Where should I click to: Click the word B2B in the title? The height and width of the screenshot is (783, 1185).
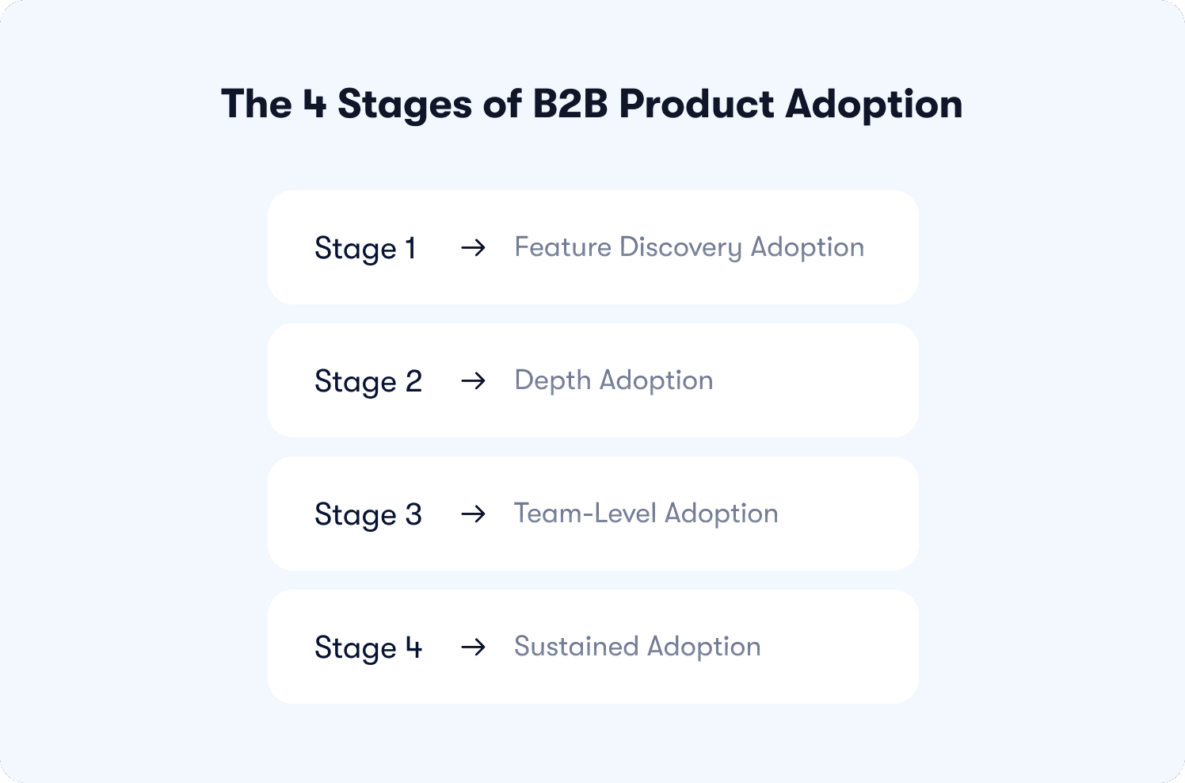(x=570, y=103)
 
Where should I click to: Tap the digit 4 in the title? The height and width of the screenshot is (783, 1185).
(x=314, y=103)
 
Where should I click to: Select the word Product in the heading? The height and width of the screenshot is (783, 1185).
(x=697, y=103)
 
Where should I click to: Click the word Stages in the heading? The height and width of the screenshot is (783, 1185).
(x=405, y=105)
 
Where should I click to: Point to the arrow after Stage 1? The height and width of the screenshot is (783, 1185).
(x=473, y=247)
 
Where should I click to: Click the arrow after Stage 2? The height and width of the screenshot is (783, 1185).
(x=473, y=380)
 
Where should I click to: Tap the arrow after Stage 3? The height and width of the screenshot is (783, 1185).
(x=473, y=514)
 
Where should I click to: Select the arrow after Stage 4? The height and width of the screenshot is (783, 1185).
(x=473, y=647)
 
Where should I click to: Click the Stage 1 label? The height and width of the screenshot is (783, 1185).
(x=365, y=249)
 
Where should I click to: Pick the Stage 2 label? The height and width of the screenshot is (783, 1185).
(x=368, y=382)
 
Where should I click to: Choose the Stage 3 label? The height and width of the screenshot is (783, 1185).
(x=368, y=515)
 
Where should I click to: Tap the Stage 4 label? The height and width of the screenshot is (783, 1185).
(x=368, y=648)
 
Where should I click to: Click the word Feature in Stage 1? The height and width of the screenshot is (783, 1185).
(x=563, y=246)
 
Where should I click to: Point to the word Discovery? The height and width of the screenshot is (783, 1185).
(x=681, y=248)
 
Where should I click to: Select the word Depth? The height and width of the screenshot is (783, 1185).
(x=552, y=381)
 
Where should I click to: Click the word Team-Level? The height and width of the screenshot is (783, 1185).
(x=585, y=513)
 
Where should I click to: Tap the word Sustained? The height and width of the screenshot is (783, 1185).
(x=576, y=647)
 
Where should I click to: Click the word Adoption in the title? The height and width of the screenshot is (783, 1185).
(x=874, y=105)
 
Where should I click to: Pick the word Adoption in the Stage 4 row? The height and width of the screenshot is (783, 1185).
(x=703, y=647)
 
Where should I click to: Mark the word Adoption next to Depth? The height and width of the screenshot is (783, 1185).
(x=656, y=381)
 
